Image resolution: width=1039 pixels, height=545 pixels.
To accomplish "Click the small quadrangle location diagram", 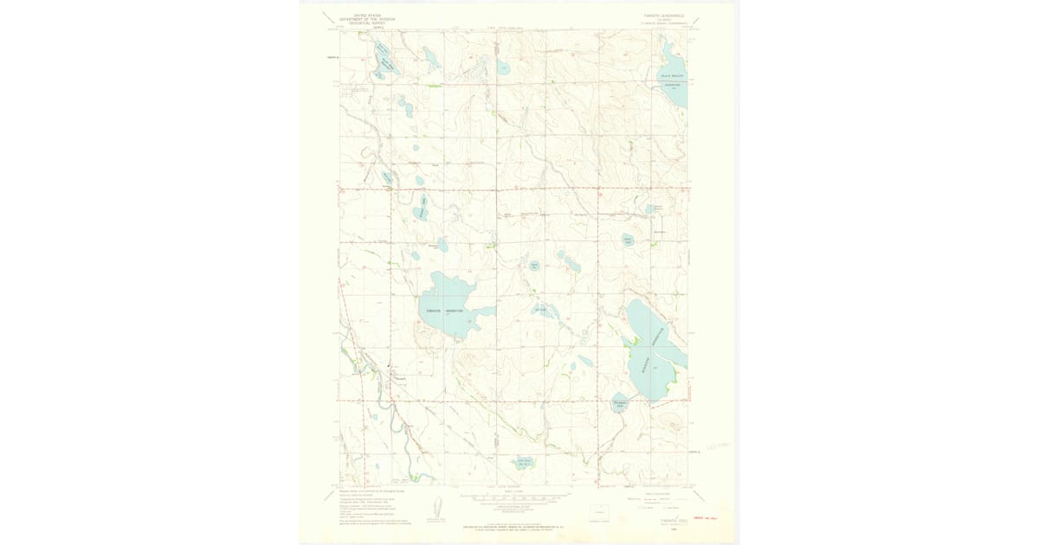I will pos(599,511).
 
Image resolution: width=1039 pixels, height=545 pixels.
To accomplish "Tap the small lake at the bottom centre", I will pos(525,464).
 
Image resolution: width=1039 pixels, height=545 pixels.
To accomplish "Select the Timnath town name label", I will pos(400,378).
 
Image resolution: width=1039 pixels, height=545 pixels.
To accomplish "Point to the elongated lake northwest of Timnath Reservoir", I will pos(423,208).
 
